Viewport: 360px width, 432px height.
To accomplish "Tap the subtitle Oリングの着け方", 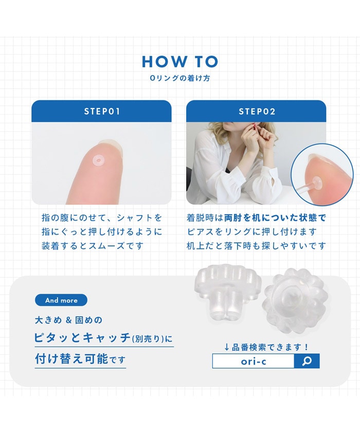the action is [180, 78].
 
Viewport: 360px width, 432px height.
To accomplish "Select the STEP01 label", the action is [102, 111].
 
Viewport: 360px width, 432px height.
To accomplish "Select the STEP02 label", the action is [257, 111].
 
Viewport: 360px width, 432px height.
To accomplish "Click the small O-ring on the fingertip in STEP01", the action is [98, 159].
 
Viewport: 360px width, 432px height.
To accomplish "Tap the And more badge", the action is [61, 300].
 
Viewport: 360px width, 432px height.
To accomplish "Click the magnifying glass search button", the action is [307, 361].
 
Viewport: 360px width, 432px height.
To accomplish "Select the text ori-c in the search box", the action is [254, 361].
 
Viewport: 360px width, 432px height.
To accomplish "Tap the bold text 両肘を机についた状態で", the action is [275, 218].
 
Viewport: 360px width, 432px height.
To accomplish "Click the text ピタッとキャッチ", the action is [82, 337].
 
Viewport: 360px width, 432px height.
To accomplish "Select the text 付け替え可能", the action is [71, 359].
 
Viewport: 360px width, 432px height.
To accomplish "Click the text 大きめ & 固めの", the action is [68, 320].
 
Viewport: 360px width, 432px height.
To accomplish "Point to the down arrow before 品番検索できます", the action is [227, 347].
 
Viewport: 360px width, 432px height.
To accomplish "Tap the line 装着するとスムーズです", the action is [93, 245].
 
